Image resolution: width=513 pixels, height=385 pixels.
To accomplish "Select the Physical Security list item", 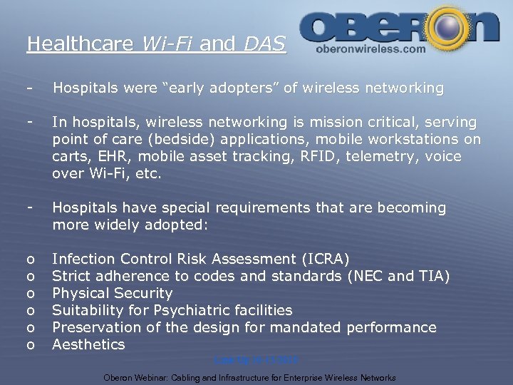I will [113, 293].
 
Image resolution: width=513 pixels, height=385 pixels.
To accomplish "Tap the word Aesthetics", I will [89, 344].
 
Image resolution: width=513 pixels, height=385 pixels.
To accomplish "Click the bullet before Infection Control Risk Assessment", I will [30, 260].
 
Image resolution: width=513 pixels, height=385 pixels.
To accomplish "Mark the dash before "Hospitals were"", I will [28, 88].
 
